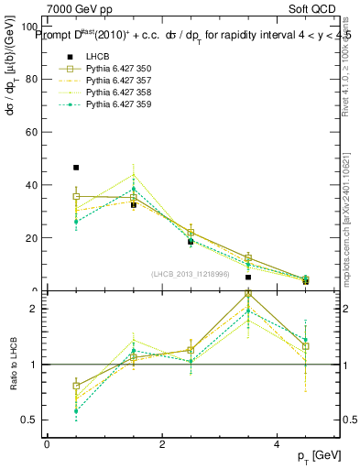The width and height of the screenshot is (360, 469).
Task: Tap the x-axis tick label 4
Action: pyautogui.click(x=278, y=444)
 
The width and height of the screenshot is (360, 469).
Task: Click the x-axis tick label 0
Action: pyautogui.click(x=47, y=444)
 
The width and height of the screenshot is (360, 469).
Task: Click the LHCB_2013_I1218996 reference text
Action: pyautogui.click(x=191, y=274)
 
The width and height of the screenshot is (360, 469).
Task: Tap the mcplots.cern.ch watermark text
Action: pyautogui.click(x=345, y=229)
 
